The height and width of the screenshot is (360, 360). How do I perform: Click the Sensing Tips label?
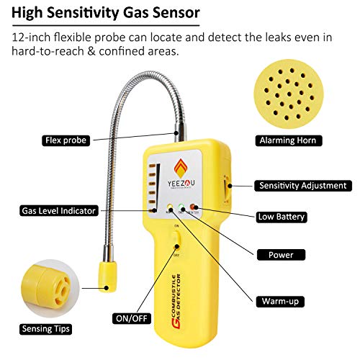pyautogui.click(x=44, y=329)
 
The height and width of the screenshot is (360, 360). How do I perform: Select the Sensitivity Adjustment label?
pyautogui.click(x=302, y=185)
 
